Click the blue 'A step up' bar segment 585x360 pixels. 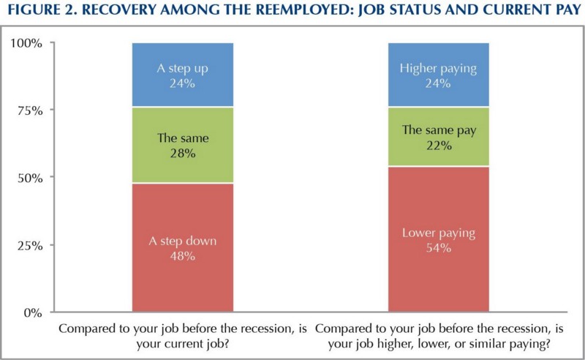click(x=183, y=75)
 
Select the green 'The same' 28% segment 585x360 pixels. click(x=183, y=145)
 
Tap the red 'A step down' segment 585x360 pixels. click(x=183, y=247)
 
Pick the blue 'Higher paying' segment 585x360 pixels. click(x=438, y=75)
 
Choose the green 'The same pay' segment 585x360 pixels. click(x=438, y=137)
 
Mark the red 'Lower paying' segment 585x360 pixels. click(x=438, y=239)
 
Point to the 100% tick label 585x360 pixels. click(x=26, y=43)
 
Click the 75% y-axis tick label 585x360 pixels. click(x=30, y=111)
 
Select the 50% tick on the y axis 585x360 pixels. click(x=30, y=178)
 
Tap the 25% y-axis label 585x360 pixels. click(x=30, y=246)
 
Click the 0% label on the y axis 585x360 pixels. click(x=33, y=313)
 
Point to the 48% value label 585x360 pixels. click(x=183, y=256)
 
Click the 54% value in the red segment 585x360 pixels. click(x=439, y=248)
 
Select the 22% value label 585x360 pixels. click(x=439, y=146)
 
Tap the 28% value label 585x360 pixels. click(x=183, y=154)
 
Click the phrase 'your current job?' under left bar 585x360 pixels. click(x=182, y=344)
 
